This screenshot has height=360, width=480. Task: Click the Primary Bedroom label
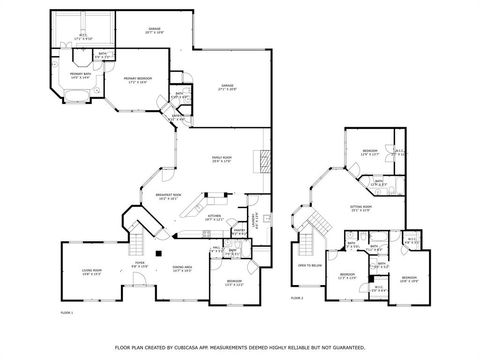coord(138,79)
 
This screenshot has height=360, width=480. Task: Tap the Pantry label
coord(239,231)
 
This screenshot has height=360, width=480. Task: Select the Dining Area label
coord(182,267)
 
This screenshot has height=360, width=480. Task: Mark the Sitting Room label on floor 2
coord(360,208)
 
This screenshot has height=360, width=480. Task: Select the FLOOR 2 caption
coord(296,298)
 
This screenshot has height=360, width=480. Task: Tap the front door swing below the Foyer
coord(140,293)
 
